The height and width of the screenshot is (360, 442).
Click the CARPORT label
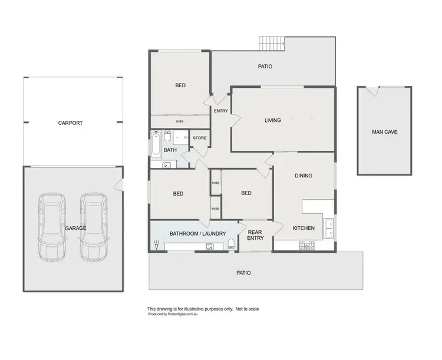coord(70,123)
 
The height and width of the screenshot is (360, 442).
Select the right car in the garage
coord(93,227)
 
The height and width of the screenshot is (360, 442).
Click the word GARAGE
coord(75,228)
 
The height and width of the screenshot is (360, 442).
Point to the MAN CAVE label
coord(384,132)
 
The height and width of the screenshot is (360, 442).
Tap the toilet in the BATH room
coord(167,137)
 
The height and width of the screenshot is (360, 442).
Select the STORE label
coord(200,138)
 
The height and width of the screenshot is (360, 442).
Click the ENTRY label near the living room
coord(221,111)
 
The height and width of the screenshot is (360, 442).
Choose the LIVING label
coord(272,120)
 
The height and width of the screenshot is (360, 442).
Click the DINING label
coord(304,176)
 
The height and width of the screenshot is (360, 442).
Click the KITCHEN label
coord(304,228)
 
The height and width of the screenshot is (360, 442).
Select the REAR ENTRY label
coord(255,236)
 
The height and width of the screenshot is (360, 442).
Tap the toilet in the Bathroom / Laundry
coord(231,245)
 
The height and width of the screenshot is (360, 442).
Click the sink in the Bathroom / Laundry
coord(209,246)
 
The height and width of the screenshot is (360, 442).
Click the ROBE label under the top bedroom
coord(180,121)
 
